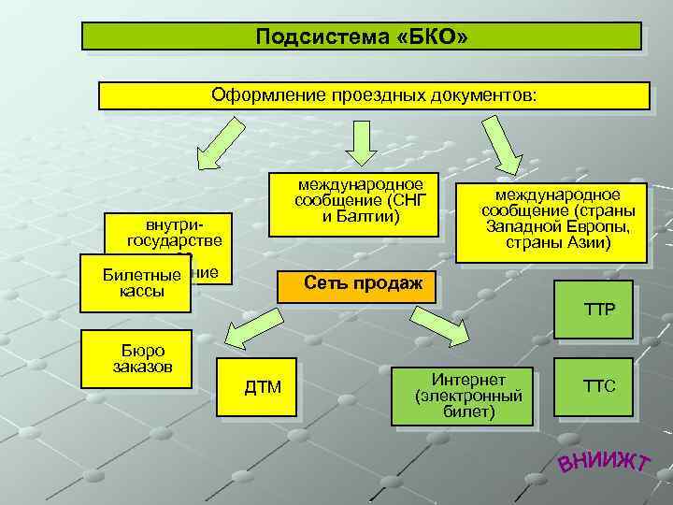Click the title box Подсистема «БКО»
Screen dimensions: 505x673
[362, 36]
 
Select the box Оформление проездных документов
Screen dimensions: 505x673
[374, 95]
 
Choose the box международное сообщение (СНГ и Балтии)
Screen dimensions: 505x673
[360, 203]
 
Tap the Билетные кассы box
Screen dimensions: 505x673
[136, 282]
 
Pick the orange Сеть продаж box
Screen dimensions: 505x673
[357, 283]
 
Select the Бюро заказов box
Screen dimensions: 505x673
[139, 356]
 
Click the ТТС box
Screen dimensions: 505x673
[599, 384]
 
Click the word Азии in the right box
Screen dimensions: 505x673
[588, 243]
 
